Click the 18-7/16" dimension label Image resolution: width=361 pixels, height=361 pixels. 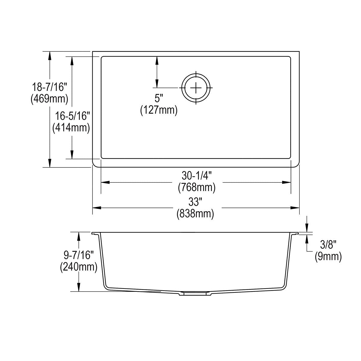pos(49,87)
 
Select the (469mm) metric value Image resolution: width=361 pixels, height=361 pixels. pos(49,99)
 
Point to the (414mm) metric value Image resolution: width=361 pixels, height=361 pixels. pos(71,128)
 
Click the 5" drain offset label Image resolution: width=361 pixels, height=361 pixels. pos(159,98)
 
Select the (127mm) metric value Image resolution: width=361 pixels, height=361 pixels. pos(159,110)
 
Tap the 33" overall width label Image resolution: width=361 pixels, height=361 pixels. pos(196,202)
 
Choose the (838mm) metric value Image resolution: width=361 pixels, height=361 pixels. pos(196,214)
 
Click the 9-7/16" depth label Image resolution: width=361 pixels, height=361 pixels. pos(79,255)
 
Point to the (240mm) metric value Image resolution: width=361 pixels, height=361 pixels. pos(79,267)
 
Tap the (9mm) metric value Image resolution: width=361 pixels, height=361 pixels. pos(328,257)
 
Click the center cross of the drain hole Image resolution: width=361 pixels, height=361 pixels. pos(196,88)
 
